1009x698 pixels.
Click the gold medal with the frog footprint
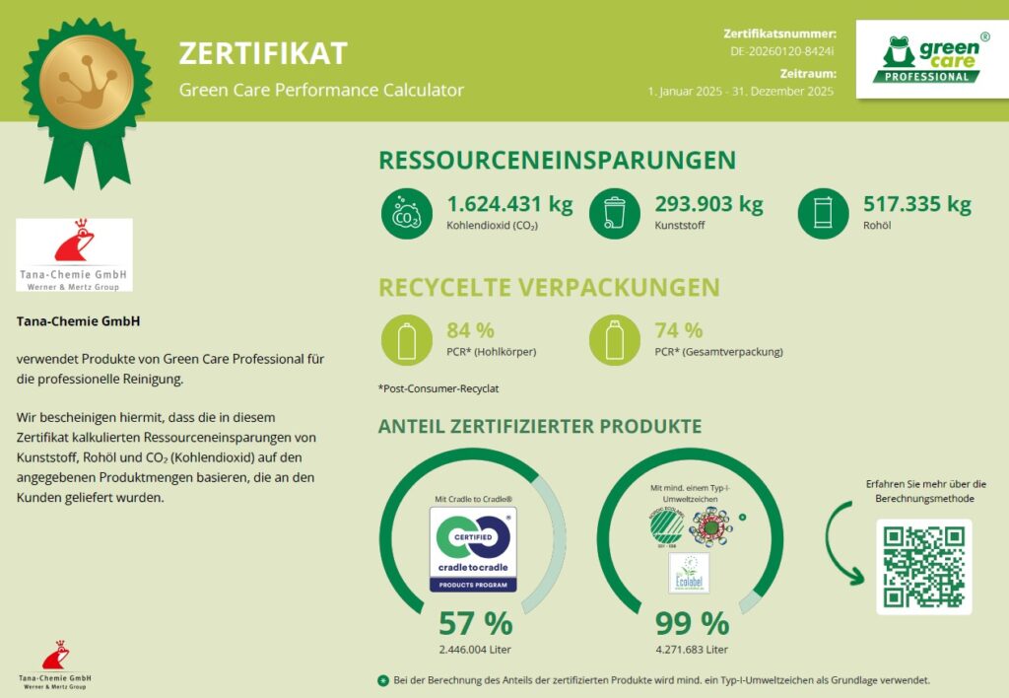coord(87,82)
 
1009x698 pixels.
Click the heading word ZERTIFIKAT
coord(263,53)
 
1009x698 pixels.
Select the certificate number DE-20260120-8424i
coord(782,51)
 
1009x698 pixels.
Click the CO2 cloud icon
coord(406,213)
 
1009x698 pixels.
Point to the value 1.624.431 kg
coord(509,205)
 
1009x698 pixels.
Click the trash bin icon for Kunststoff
coord(614,213)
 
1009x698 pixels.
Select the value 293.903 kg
coord(708,205)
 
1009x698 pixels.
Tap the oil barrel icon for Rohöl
coord(823,213)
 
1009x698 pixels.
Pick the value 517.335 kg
coord(916,205)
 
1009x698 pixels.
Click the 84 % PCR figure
coord(470,330)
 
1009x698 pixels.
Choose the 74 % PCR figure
coord(679,330)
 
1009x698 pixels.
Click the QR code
coord(923,566)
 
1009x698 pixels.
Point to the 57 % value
coord(475,623)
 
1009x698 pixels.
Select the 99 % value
coord(693,623)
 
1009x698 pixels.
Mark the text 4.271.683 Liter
coord(693,649)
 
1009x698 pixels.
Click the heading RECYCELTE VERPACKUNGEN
coord(549,288)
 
